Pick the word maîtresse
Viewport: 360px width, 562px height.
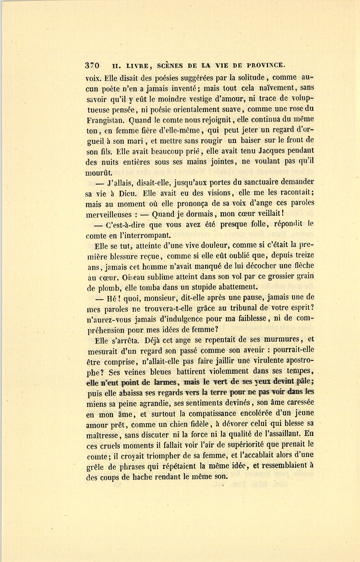103,434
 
